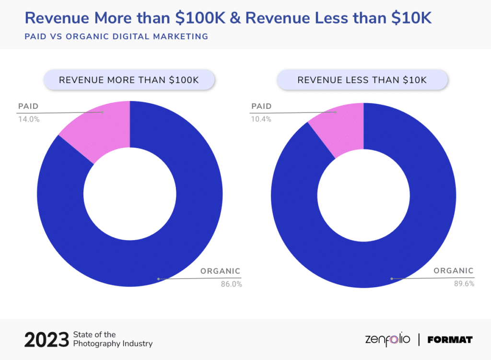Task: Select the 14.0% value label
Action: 29,119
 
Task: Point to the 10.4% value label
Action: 261,119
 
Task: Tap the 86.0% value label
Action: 231,284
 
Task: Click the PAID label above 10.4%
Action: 261,106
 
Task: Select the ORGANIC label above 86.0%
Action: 220,271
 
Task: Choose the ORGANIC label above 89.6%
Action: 453,270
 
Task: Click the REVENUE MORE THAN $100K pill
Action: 129,80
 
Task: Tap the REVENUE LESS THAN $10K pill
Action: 362,80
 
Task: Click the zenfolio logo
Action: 387,340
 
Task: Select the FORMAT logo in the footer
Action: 450,340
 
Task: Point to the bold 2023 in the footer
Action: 47,340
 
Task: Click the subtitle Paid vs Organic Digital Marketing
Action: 116,36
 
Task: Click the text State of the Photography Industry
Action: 113,339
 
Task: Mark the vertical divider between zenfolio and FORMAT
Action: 419,340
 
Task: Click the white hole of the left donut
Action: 129,194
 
